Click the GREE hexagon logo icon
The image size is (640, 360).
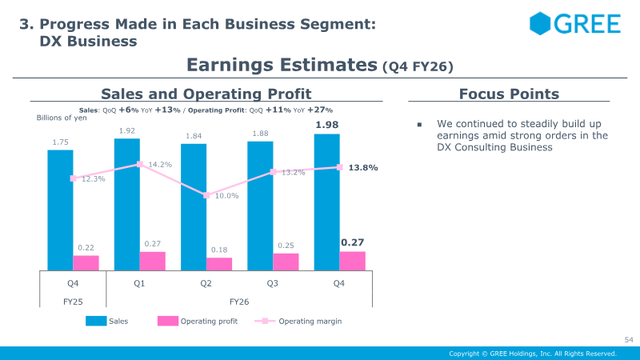coord(540,23)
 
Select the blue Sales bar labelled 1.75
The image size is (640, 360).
coord(61,210)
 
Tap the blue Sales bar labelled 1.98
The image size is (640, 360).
coord(327,202)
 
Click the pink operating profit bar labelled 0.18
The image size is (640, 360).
coord(219,264)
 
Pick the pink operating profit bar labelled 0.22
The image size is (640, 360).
coord(86,263)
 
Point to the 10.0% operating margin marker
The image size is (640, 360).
coord(206,195)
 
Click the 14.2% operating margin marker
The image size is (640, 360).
coord(139,164)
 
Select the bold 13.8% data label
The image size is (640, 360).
coord(363,168)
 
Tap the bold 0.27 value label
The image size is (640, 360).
coord(352,242)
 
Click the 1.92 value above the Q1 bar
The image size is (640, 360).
coord(127,131)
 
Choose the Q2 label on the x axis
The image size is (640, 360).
coord(206,283)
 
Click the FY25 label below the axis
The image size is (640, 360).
coord(73,302)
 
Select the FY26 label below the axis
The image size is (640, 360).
coord(239,302)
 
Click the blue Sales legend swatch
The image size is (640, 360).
coord(96,321)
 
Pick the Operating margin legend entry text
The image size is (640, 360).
coord(310,322)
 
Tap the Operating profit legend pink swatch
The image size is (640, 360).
coord(168,321)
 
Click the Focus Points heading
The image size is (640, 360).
coord(509,94)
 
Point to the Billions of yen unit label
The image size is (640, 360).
coord(62,118)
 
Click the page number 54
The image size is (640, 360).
coord(629,339)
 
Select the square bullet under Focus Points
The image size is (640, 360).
coord(419,125)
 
